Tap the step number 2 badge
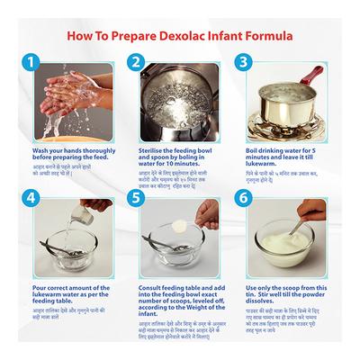tap(138, 63)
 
